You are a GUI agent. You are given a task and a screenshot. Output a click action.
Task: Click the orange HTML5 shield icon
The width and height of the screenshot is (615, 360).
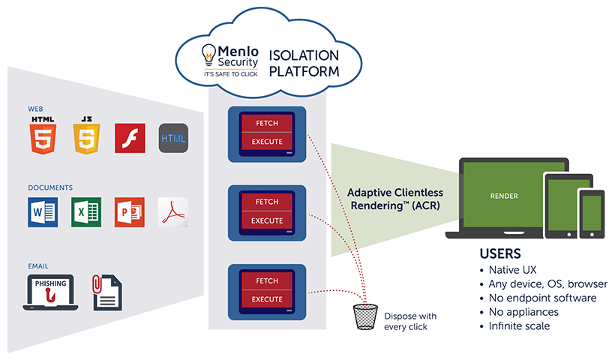point(43,136)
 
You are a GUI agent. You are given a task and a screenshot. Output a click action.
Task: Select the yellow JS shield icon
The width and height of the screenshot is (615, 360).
point(86,136)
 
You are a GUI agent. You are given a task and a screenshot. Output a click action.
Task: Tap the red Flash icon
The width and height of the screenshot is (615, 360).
point(130,139)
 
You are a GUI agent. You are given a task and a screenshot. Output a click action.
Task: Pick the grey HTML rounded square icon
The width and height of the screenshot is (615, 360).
point(173,139)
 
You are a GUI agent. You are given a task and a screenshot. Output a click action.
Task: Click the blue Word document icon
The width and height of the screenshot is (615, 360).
point(42,211)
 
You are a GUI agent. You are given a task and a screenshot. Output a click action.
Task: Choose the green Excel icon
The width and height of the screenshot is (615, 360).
point(85,211)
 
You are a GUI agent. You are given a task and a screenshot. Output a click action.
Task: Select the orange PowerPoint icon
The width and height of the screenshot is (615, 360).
point(129,211)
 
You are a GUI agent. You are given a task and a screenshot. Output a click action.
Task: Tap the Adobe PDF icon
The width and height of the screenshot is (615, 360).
point(173,211)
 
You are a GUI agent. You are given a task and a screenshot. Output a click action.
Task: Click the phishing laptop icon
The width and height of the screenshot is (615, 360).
point(51,291)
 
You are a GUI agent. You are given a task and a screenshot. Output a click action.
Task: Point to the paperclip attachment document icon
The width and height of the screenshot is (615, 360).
point(107,292)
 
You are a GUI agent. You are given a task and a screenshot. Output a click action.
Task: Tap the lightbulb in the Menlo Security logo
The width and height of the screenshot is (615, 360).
point(208,54)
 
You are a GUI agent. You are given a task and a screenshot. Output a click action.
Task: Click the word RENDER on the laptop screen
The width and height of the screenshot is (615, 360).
point(502,196)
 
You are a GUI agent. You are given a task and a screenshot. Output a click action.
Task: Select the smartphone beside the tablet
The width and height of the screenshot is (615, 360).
point(591,214)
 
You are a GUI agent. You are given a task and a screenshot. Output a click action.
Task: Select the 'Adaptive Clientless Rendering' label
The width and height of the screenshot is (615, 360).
point(394,199)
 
